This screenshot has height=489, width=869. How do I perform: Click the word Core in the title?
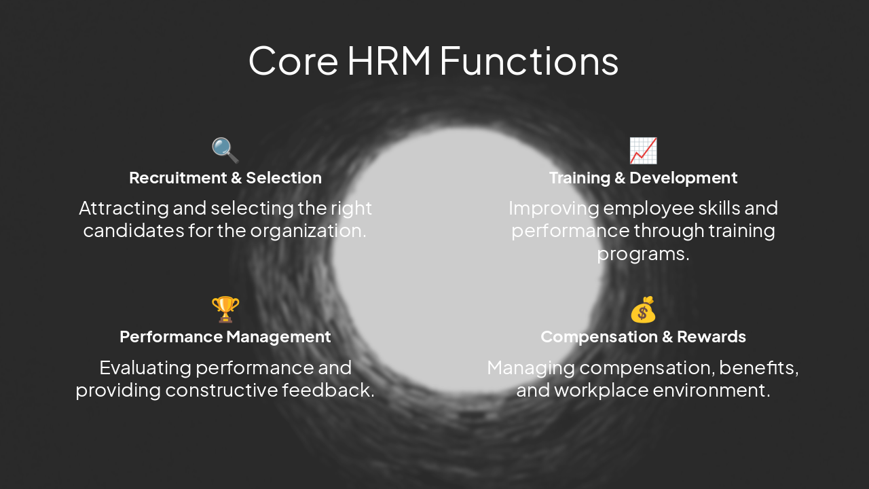coord(293,60)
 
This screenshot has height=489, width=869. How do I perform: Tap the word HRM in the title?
coord(389,60)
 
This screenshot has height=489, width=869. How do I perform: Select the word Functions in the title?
coord(529,60)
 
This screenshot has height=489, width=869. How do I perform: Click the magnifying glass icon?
coord(225,150)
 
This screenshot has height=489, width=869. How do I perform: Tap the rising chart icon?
coord(643,150)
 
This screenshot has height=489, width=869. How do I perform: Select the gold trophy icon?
coord(225,309)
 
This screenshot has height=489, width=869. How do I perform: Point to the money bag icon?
coord(643,310)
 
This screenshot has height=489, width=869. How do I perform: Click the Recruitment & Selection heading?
coord(225,178)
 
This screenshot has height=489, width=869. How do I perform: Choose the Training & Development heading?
coord(643,178)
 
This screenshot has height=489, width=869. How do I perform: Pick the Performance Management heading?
coord(225,337)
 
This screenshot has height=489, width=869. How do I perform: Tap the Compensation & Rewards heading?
coord(643,337)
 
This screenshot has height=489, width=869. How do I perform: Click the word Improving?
coord(553,208)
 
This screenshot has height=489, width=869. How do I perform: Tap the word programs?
coord(643,254)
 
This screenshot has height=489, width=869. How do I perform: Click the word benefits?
coord(758,368)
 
